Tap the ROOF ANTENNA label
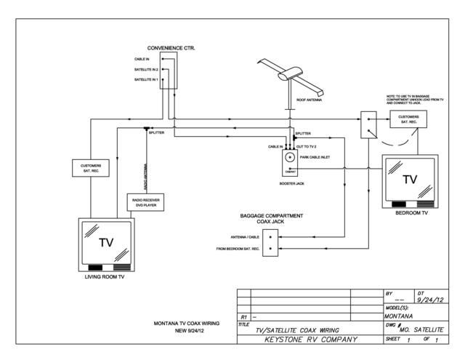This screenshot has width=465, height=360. (x=310, y=100)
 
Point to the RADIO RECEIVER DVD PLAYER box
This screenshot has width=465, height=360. (x=146, y=201)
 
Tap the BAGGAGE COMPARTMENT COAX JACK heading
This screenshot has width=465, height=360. (x=272, y=219)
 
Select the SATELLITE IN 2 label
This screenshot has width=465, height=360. (x=146, y=69)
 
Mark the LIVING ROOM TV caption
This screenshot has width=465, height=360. (x=105, y=277)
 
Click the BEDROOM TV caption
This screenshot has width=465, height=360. (x=411, y=214)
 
